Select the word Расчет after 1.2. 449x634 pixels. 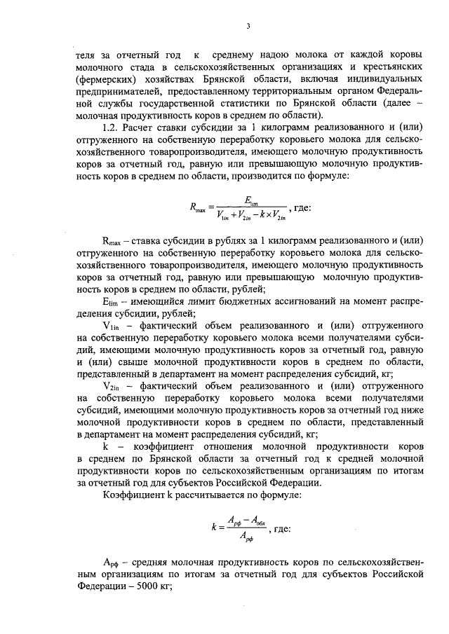click(x=140, y=128)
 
